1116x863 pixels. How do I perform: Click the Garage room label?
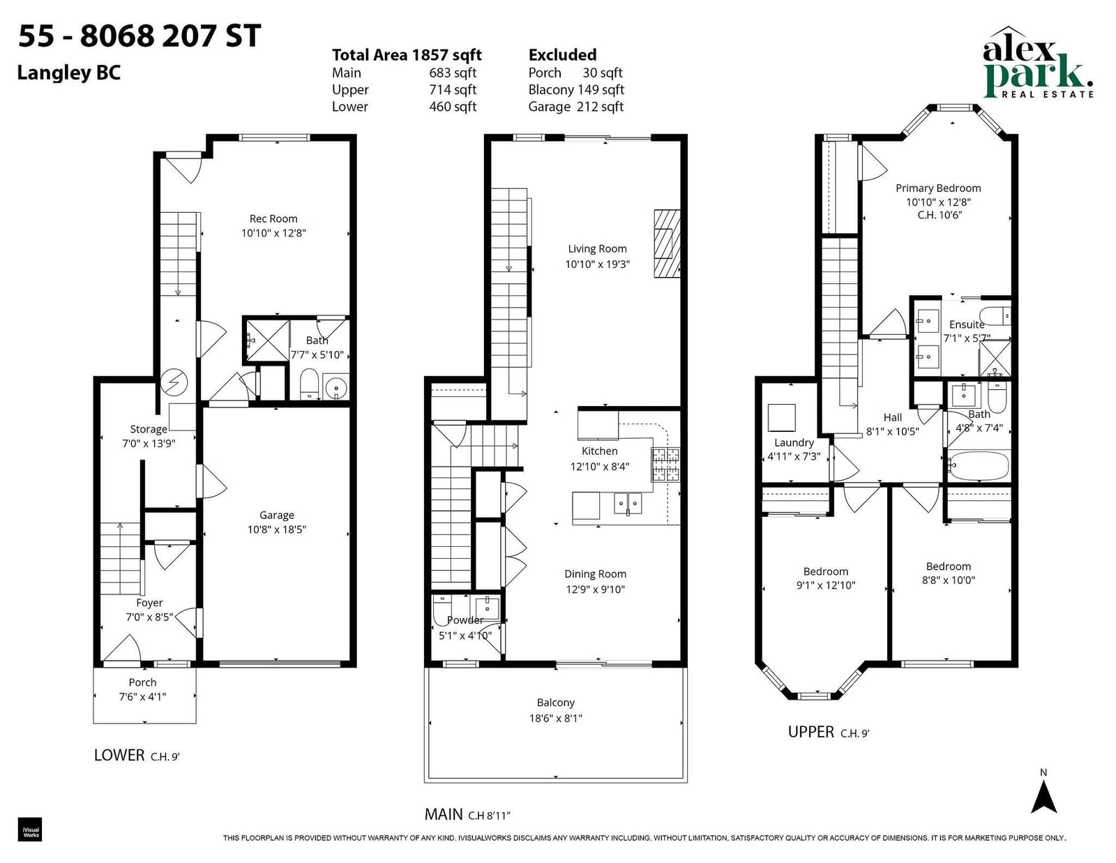click(276, 515)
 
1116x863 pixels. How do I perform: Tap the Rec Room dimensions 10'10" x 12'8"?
click(273, 233)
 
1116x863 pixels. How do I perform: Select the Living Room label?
click(597, 248)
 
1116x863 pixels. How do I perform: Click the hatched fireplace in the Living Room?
click(667, 243)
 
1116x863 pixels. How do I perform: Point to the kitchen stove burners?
click(665, 464)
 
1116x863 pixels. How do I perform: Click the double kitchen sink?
click(628, 503)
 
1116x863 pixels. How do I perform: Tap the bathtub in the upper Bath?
click(979, 466)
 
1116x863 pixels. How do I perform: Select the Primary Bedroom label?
click(938, 188)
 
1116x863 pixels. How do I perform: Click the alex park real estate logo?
click(1037, 63)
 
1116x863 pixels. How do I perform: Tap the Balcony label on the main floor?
click(556, 703)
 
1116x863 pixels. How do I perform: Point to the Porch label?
click(142, 682)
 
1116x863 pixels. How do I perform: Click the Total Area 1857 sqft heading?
click(407, 55)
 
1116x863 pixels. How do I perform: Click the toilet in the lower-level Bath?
click(309, 384)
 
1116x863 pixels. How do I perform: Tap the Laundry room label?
click(794, 443)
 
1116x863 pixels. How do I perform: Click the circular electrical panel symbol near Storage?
click(174, 382)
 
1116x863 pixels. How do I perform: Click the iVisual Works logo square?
click(30, 830)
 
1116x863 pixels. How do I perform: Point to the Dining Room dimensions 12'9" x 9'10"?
click(595, 590)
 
